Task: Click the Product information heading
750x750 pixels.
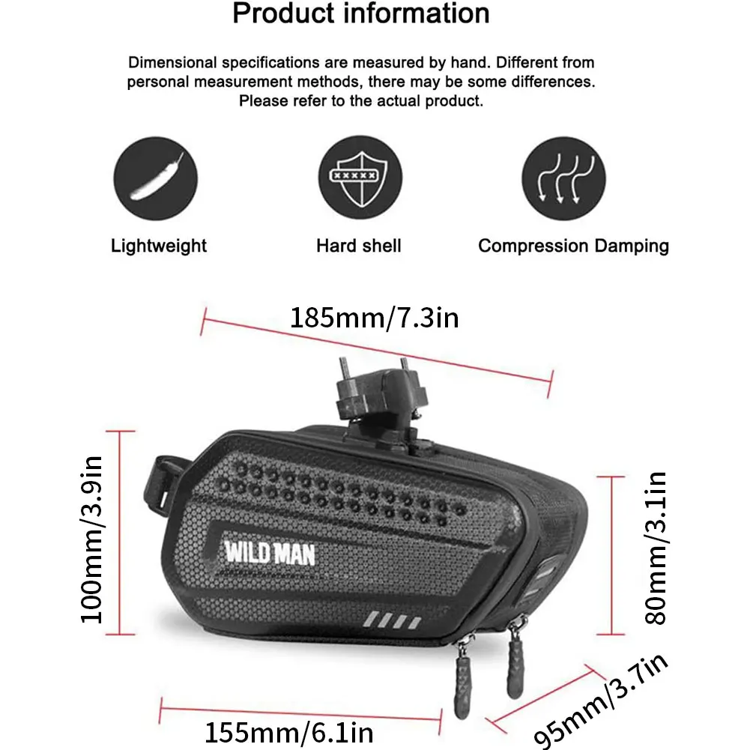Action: [360, 13]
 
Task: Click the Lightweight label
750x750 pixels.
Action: [159, 246]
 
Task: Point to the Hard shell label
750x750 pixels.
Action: [359, 246]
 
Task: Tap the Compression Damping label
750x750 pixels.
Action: [573, 246]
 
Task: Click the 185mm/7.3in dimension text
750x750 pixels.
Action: [374, 318]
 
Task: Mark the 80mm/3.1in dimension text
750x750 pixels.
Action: [656, 548]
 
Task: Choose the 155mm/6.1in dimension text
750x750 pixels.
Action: [289, 730]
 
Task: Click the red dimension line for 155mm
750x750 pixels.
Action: [300, 709]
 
